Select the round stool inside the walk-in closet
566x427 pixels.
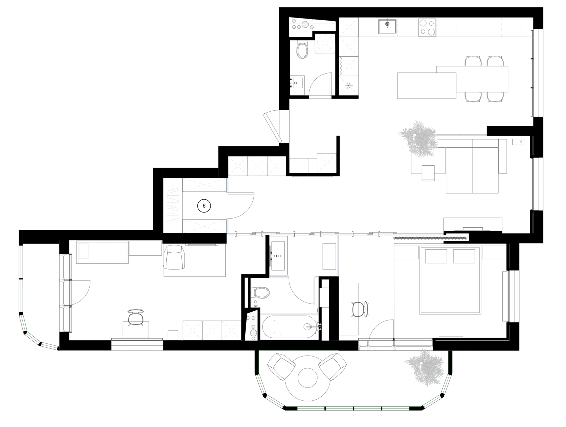click(204, 205)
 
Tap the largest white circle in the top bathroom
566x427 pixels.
click(305, 25)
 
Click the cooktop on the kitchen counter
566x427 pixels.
click(427, 27)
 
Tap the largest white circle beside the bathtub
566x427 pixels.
click(253, 333)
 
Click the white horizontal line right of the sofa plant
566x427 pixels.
click(462, 135)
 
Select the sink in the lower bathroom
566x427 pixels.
click(260, 293)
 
